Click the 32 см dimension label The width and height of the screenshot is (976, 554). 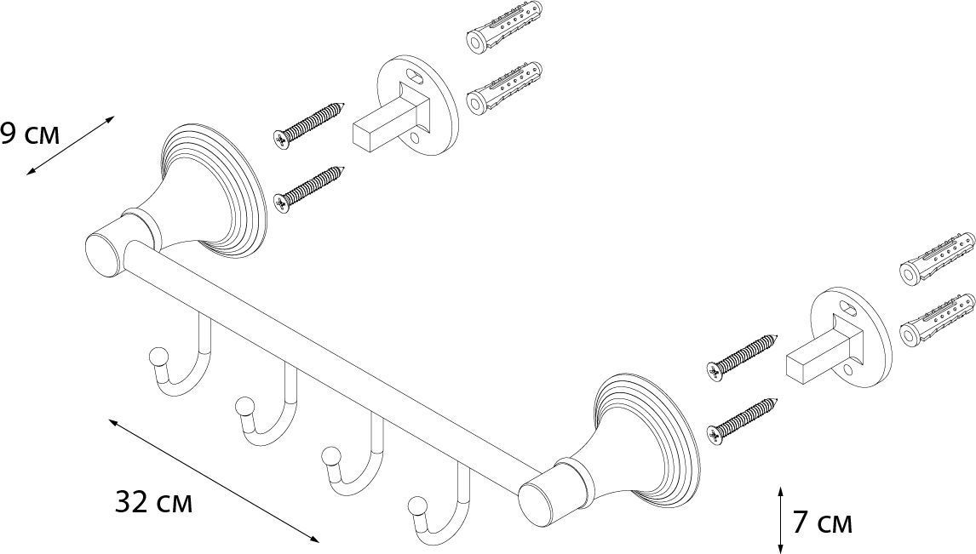153,503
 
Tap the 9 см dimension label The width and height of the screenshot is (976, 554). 30,134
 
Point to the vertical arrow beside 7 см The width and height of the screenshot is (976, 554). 781,518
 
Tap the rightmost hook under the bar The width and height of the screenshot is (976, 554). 443,506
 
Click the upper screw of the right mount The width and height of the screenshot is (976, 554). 743,354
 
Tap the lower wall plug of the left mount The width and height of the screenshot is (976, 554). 504,89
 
